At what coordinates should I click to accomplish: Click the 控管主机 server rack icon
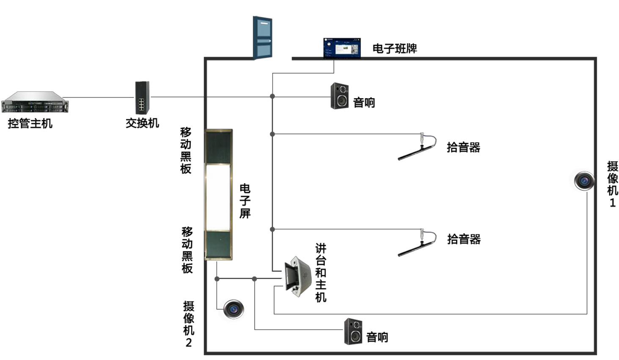tap(35, 103)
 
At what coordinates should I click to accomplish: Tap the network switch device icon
tap(142, 98)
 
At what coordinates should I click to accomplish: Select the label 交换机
tap(142, 123)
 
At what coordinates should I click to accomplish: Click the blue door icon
tap(262, 38)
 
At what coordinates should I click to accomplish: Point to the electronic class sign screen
tap(342, 48)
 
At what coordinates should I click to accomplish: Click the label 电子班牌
tap(394, 49)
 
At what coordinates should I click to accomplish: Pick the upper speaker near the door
tap(339, 96)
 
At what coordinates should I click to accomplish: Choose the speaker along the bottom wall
tap(353, 331)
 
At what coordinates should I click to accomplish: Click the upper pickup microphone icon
tap(417, 146)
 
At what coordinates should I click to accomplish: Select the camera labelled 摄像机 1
tap(584, 181)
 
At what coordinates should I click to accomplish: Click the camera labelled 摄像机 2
tap(234, 309)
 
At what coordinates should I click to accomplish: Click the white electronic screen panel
tap(218, 197)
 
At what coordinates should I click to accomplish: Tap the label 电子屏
tap(245, 201)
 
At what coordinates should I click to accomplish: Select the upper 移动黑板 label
tap(186, 151)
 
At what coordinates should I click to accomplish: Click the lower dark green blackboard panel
tap(218, 244)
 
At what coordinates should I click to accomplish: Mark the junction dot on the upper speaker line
tap(272, 96)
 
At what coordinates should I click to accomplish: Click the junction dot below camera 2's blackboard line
tap(217, 279)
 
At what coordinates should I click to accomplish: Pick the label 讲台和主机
tap(321, 273)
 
